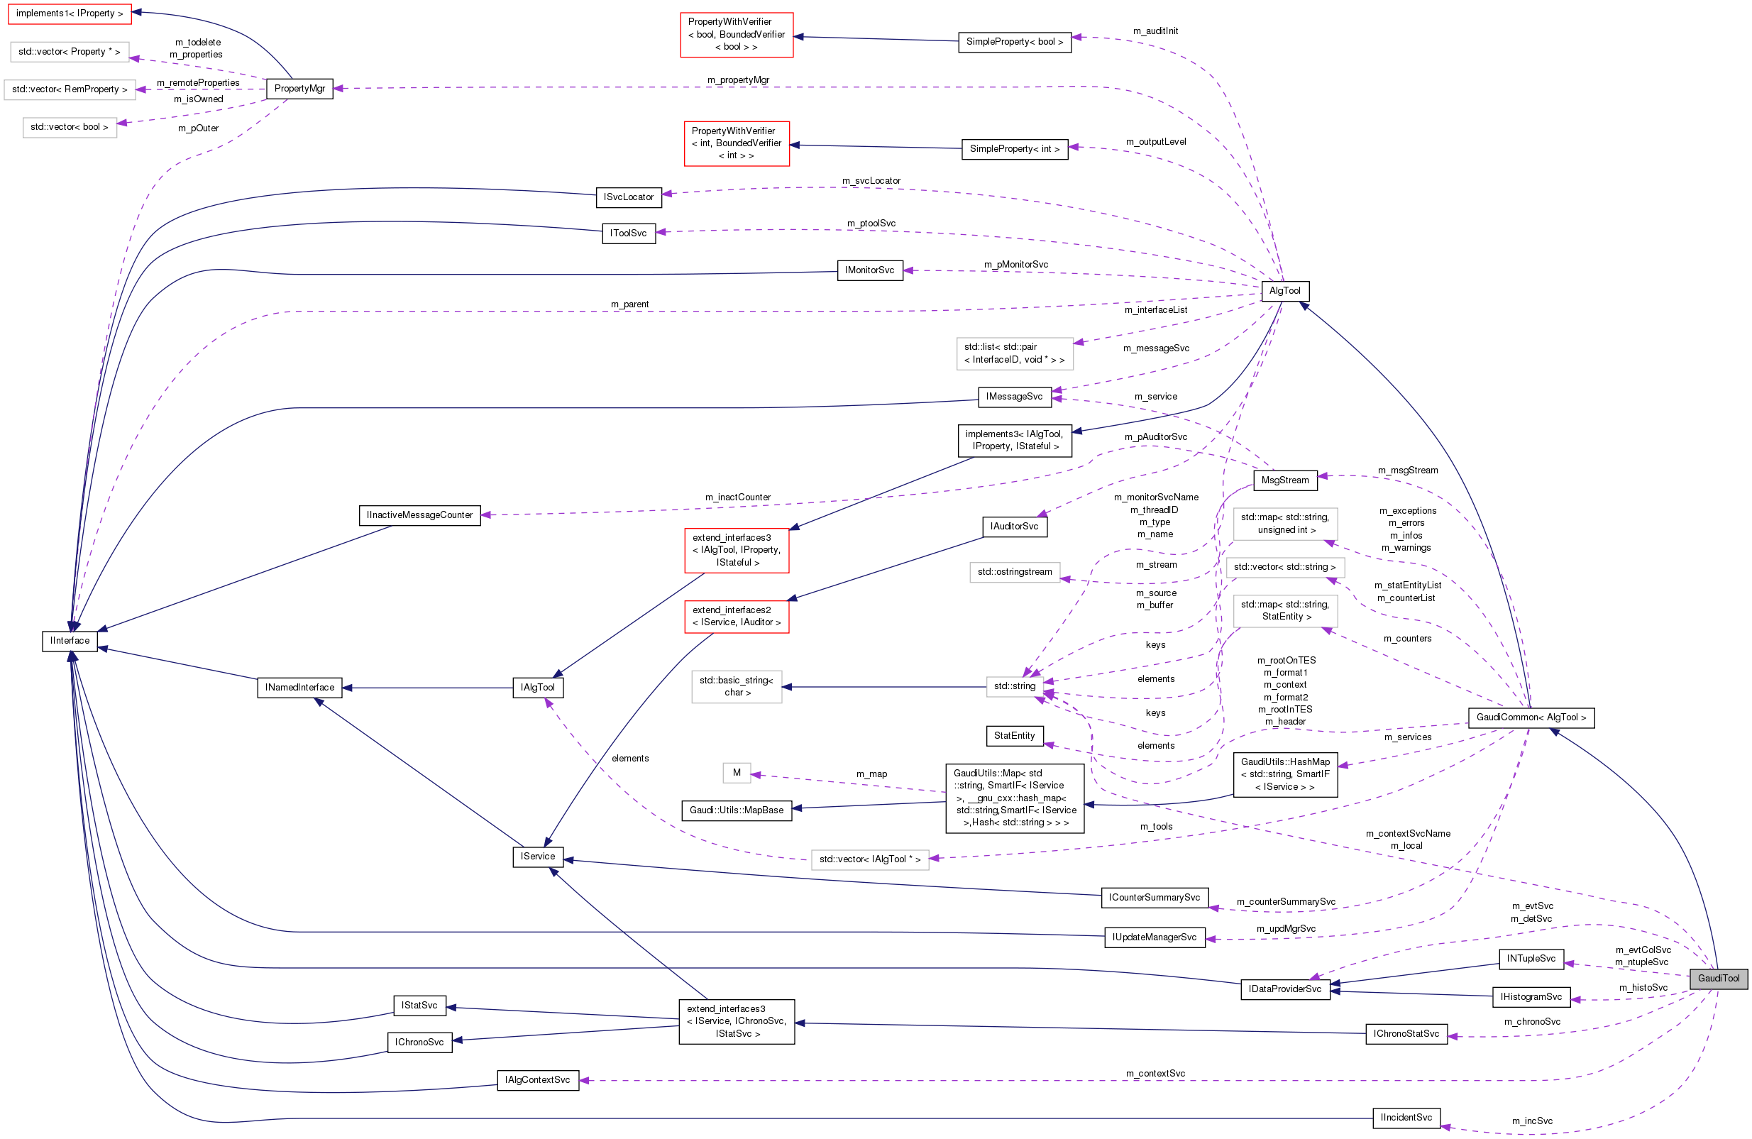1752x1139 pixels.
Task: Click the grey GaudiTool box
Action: [x=1718, y=978]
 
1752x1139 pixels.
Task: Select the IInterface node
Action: [x=70, y=641]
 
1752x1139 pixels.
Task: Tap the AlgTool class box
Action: [x=1284, y=291]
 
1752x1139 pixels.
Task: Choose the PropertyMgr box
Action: [x=299, y=88]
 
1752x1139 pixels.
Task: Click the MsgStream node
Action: [x=1284, y=480]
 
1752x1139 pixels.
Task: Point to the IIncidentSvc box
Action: [x=1406, y=1117]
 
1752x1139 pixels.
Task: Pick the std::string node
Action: [x=1015, y=686]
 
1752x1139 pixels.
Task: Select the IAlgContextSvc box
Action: [x=537, y=1079]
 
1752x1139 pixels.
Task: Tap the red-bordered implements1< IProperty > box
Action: [x=70, y=13]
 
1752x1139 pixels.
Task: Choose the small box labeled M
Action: [x=736, y=772]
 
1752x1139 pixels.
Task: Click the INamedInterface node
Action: [x=299, y=687]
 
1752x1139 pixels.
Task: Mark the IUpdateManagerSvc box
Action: [x=1155, y=937]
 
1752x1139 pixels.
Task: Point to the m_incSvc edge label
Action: [x=1532, y=1121]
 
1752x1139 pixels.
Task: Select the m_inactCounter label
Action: [x=737, y=497]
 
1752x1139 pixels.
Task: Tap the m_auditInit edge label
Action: [x=1155, y=31]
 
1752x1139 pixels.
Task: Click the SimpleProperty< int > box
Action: [x=1015, y=149]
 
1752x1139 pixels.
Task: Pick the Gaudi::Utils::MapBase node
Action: [x=736, y=810]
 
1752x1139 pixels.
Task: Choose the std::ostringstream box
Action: [x=1015, y=571]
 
